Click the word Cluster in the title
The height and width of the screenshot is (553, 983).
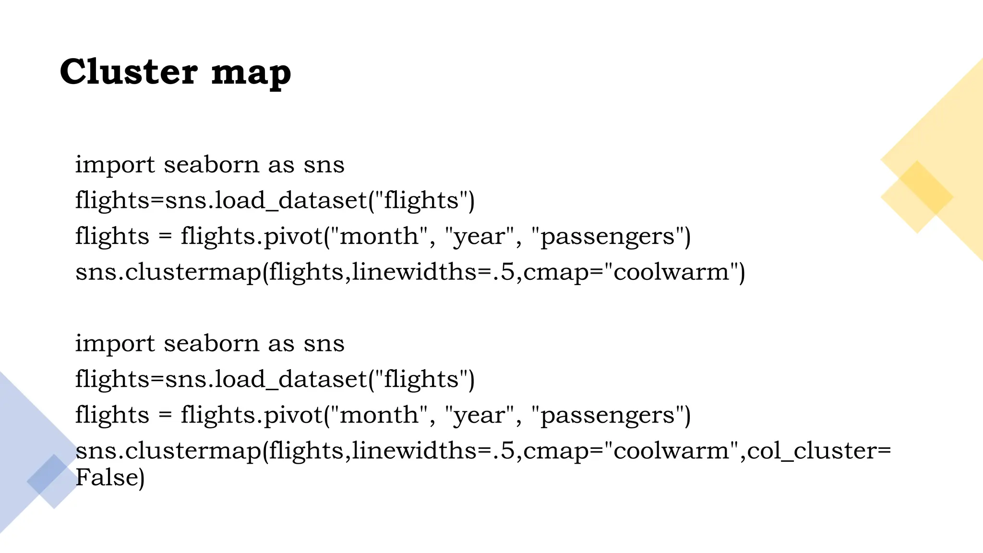coord(128,72)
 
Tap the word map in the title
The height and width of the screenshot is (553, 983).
coord(251,73)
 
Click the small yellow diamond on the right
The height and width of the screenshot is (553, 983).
coord(917,197)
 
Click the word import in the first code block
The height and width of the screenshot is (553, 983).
coord(115,165)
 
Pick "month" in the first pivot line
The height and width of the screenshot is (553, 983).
coord(379,236)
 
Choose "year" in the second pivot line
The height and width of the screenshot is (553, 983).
coord(480,415)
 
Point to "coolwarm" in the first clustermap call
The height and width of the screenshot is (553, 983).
coord(671,272)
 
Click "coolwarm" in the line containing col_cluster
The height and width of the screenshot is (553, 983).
coord(671,451)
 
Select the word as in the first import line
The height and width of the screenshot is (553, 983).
coord(281,165)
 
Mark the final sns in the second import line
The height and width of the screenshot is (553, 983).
coord(324,343)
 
